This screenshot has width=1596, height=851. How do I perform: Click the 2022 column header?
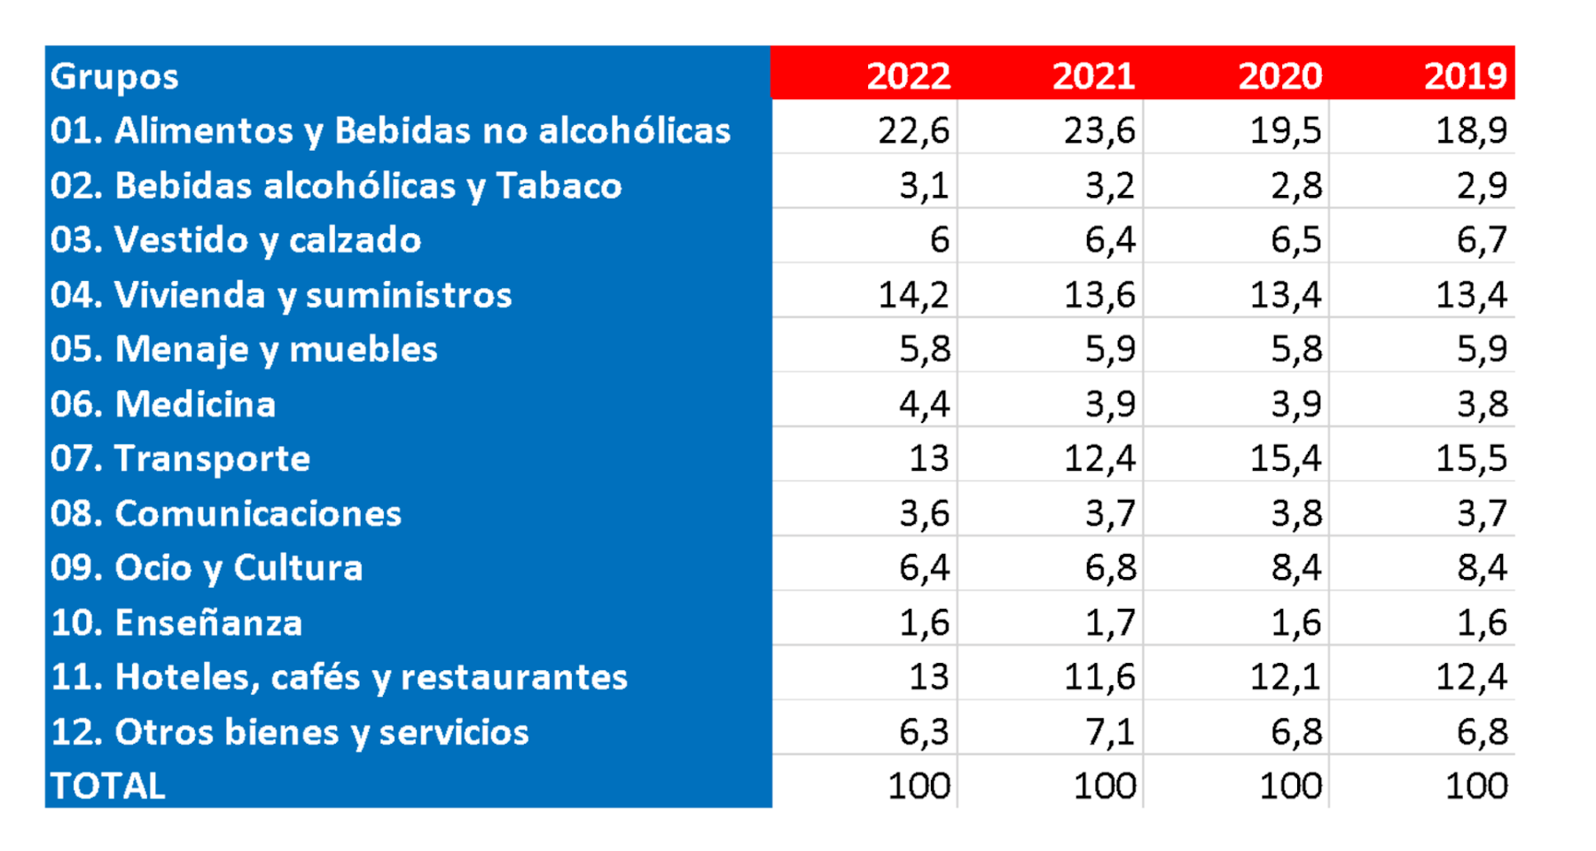908,75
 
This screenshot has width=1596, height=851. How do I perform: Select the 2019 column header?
1465,75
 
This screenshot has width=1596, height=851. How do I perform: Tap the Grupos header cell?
115,76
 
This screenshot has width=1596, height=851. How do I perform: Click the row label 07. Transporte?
181,458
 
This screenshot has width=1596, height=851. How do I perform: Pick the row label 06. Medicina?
163,404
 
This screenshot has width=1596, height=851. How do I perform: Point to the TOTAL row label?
108,786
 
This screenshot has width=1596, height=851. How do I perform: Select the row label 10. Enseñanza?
176,622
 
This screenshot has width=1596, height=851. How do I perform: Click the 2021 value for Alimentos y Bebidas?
1099,130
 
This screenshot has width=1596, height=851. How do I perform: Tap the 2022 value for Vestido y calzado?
939,240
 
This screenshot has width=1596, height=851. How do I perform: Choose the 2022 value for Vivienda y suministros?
914,294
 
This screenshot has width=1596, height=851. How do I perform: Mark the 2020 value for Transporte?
1286,458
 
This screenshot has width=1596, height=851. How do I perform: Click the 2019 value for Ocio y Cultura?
1482,567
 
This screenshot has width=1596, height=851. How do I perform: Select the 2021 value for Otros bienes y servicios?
1110,731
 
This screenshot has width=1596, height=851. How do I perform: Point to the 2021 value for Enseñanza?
1110,622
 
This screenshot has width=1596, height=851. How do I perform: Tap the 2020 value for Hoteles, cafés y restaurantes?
1286,677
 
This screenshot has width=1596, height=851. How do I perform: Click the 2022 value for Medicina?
924,404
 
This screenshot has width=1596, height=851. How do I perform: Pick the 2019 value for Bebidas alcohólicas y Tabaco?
1482,185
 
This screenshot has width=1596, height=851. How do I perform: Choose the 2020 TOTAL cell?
1290,786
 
